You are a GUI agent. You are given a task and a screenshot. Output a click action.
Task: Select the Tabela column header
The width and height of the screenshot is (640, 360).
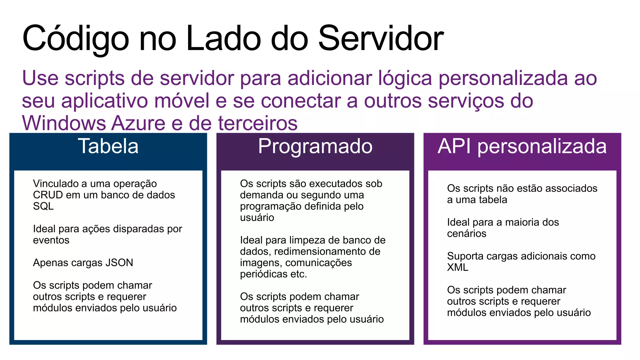pos(108,146)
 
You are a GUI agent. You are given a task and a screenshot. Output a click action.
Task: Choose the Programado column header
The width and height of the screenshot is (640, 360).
pos(315,146)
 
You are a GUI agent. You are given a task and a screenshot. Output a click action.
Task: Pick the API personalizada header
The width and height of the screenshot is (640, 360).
pos(522,146)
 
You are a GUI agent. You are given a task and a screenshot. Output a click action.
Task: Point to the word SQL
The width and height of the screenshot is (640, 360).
pos(43,206)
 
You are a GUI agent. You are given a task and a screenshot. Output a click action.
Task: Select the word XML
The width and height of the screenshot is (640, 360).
pos(457,267)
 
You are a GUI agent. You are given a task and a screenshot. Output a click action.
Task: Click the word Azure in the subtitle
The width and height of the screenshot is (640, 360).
pos(138,123)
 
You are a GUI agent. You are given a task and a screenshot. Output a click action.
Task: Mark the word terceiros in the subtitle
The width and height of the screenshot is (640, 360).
pos(257,123)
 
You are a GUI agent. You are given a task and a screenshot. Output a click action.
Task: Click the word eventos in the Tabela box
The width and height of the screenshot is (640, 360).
pos(51,240)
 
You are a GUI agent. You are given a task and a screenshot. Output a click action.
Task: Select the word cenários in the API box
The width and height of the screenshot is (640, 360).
pos(467,234)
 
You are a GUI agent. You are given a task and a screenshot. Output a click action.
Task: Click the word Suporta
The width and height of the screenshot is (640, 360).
pos(465,256)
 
